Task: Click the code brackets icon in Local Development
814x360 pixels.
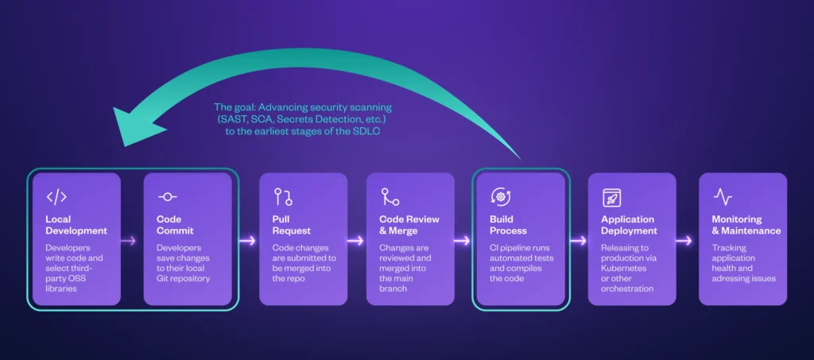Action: click(x=56, y=197)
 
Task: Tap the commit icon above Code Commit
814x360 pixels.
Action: click(x=168, y=197)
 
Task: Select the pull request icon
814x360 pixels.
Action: click(x=282, y=197)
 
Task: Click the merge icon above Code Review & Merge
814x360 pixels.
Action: click(x=390, y=197)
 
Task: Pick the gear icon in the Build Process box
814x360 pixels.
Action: click(x=499, y=197)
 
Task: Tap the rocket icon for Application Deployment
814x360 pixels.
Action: click(x=611, y=197)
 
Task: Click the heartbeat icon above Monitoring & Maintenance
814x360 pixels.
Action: click(x=723, y=197)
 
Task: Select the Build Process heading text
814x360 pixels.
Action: click(x=508, y=225)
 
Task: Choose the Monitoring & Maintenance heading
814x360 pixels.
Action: click(x=746, y=225)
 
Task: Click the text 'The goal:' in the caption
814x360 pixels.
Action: click(x=233, y=106)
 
